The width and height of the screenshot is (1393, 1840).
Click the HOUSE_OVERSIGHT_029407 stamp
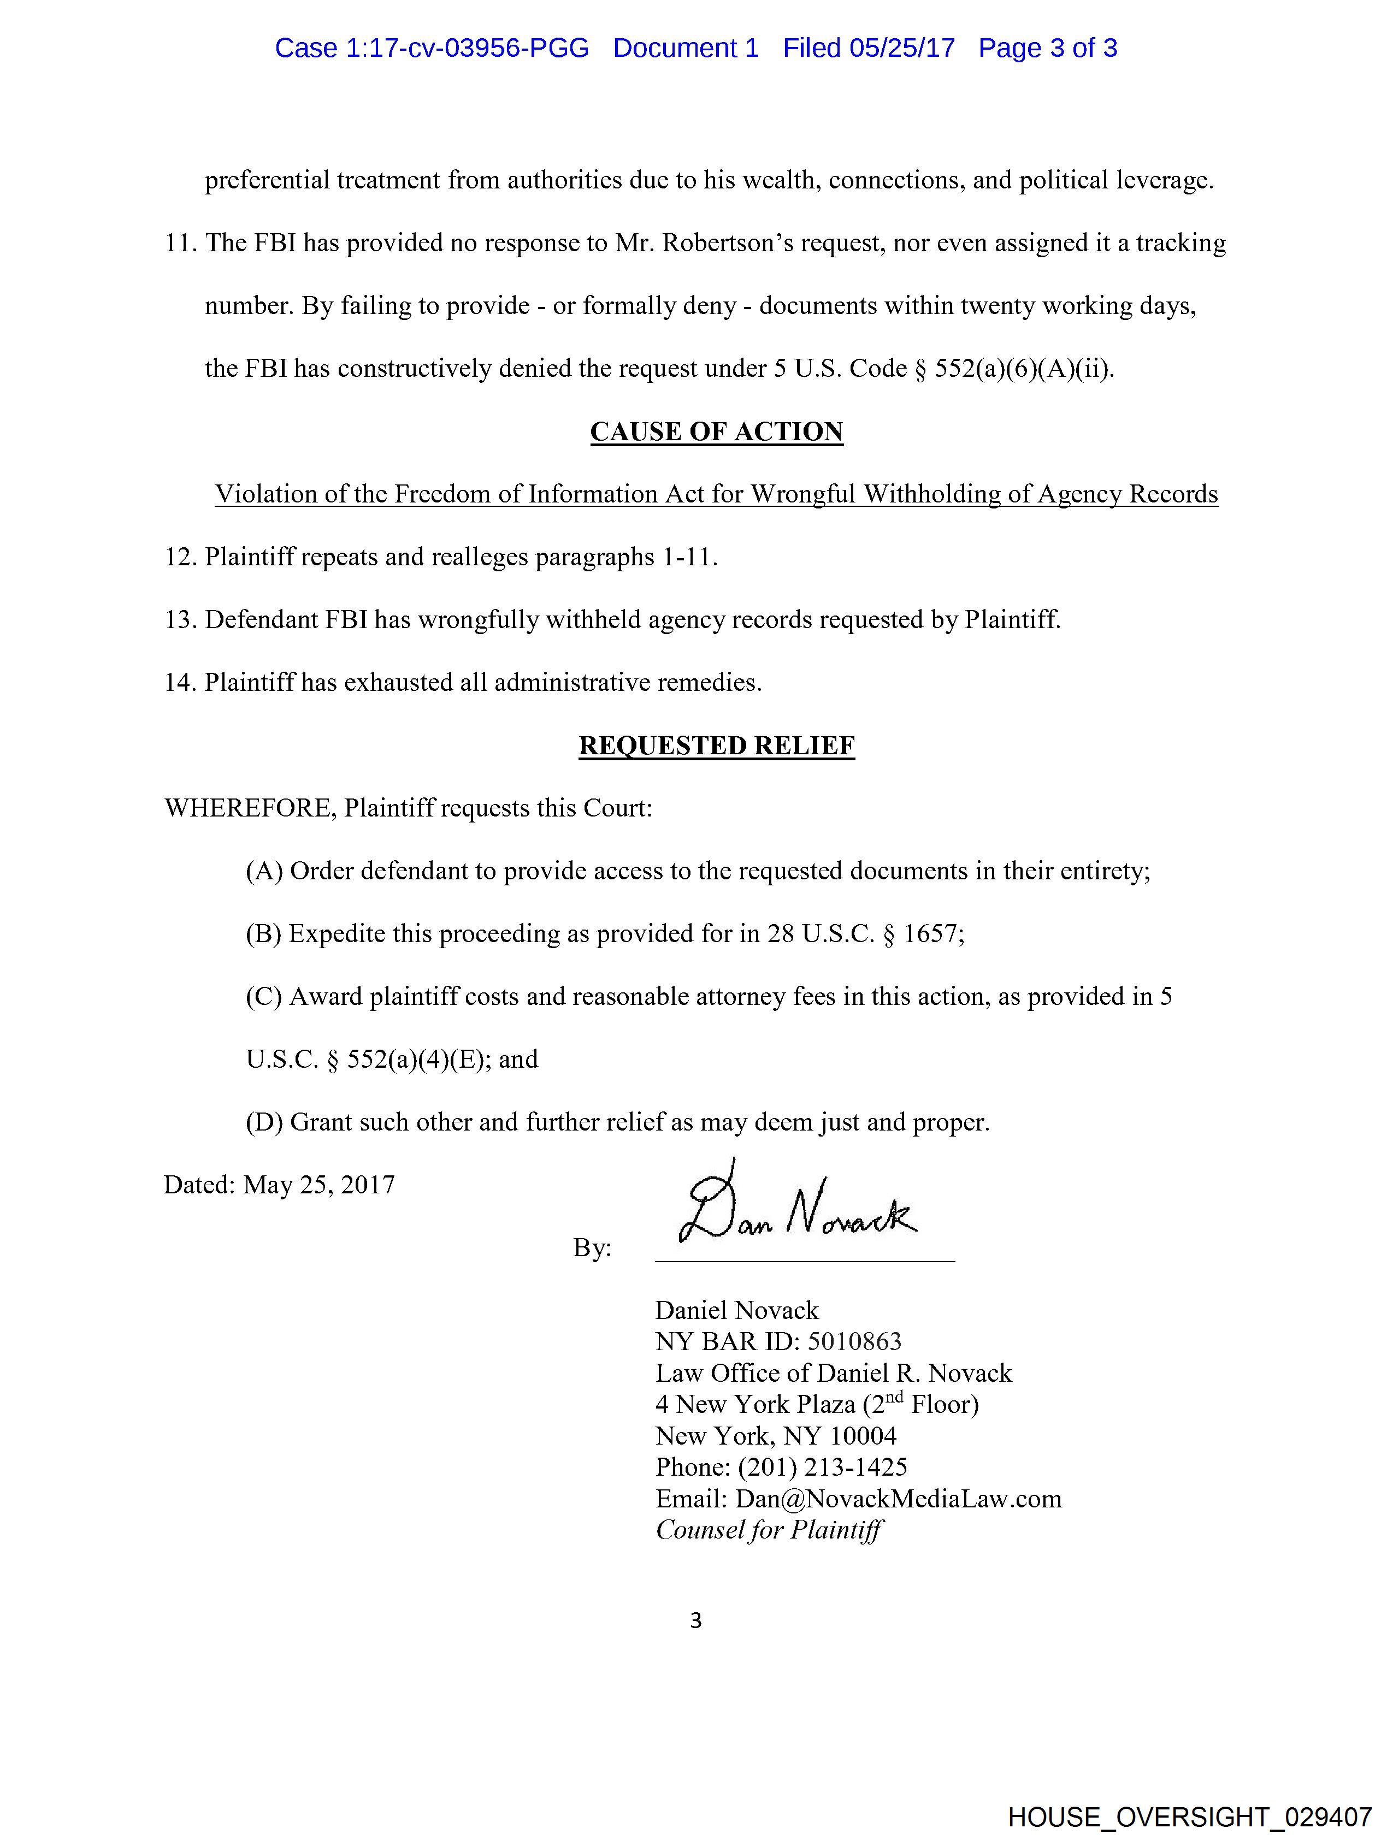click(x=1189, y=1817)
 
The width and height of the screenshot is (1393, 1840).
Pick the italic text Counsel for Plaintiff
click(x=769, y=1530)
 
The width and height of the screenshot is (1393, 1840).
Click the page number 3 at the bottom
click(x=695, y=1620)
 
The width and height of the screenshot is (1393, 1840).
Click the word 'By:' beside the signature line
click(x=592, y=1248)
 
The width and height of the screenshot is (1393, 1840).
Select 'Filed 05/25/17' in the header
click(x=868, y=48)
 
